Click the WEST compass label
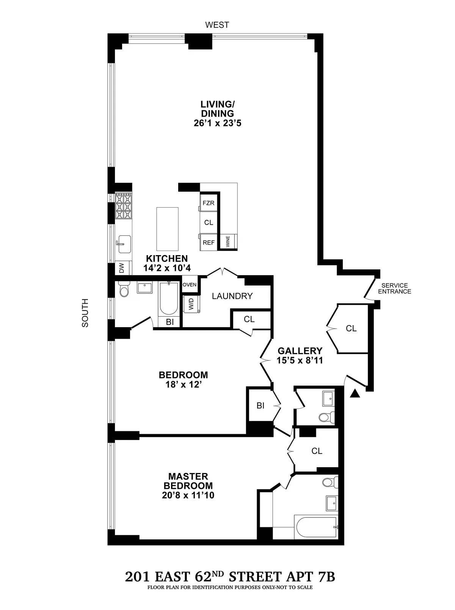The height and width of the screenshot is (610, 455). pos(217,25)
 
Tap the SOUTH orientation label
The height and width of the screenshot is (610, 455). pos(85,313)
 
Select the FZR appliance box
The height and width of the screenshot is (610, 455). pos(208,203)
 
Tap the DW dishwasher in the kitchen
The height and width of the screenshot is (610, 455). pos(122,269)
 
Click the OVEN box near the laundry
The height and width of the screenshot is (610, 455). pos(190,285)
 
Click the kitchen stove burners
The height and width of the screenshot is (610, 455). pos(124,206)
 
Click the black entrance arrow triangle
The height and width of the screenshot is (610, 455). pos(355,394)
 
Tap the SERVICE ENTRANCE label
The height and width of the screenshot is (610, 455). pos(394,288)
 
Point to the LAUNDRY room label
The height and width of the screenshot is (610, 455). pos(232,296)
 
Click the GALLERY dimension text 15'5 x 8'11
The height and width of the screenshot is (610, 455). pos(300,360)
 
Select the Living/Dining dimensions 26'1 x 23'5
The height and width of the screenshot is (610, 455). pos(217,123)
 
